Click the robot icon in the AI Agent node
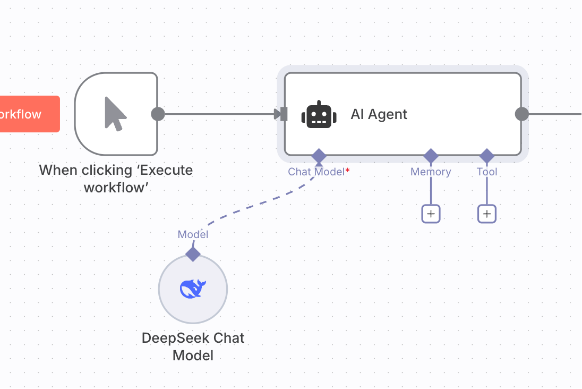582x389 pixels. pyautogui.click(x=319, y=114)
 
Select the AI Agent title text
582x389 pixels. pyautogui.click(x=379, y=114)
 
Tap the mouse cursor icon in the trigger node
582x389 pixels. pyautogui.click(x=115, y=114)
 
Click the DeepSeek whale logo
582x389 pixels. pyautogui.click(x=193, y=289)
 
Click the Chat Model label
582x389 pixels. pyautogui.click(x=316, y=172)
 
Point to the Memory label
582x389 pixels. pyautogui.click(x=431, y=172)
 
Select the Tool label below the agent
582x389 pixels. pyautogui.click(x=487, y=172)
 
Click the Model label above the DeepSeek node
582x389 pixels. pyautogui.click(x=193, y=234)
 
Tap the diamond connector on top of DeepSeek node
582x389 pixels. pyautogui.click(x=193, y=254)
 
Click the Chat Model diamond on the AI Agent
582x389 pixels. pyautogui.click(x=319, y=156)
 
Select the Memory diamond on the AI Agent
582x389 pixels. pyautogui.click(x=431, y=156)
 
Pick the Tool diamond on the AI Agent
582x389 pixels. pyautogui.click(x=487, y=156)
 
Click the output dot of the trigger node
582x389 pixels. pyautogui.click(x=158, y=114)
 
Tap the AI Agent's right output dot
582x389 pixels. pyautogui.click(x=522, y=114)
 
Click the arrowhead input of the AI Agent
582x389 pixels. pyautogui.click(x=280, y=114)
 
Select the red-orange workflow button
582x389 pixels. pyautogui.click(x=30, y=114)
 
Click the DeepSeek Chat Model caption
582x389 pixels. pyautogui.click(x=193, y=346)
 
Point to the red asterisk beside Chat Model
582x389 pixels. pyautogui.click(x=347, y=170)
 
